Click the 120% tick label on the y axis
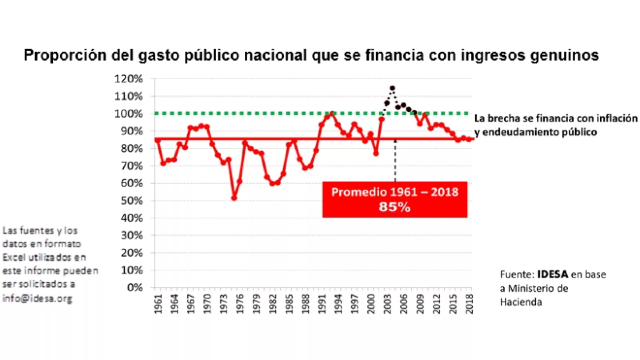click(x=128, y=79)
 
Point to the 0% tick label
click(x=135, y=288)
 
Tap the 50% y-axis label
click(x=131, y=201)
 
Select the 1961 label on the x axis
click(x=158, y=304)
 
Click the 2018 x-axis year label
click(x=469, y=304)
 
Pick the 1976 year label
click(x=240, y=304)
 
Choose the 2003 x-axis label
click(x=387, y=304)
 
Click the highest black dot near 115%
click(x=392, y=88)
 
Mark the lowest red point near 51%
click(x=234, y=198)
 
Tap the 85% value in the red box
click(x=394, y=207)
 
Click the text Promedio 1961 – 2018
click(x=394, y=192)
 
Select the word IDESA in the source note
click(x=552, y=274)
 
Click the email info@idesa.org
click(x=37, y=298)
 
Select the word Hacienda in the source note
click(x=521, y=302)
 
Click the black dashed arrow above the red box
click(x=395, y=160)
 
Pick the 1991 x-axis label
click(x=322, y=304)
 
